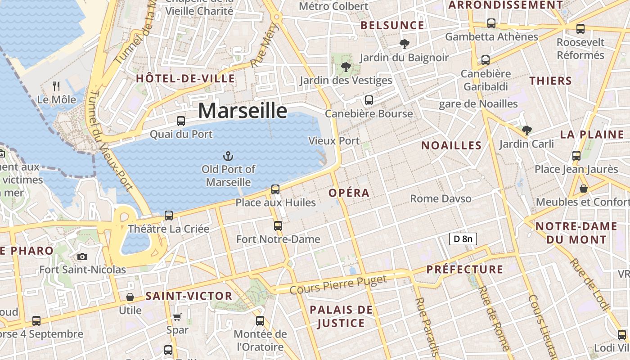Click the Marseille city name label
click(243, 111)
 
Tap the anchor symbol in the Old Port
click(228, 156)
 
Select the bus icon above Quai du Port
click(181, 121)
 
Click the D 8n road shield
click(463, 239)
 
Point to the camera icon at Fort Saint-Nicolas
click(82, 256)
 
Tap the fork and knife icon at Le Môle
click(56, 86)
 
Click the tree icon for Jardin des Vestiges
click(346, 67)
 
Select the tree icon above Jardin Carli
click(526, 130)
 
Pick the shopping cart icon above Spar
click(177, 317)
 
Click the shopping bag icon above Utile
click(130, 297)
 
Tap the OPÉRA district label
click(349, 193)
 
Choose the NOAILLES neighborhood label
click(451, 145)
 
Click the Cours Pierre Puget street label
click(338, 285)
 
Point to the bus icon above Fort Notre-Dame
click(278, 226)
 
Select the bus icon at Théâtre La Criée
click(169, 216)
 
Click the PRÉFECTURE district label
click(465, 270)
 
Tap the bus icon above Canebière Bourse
click(369, 100)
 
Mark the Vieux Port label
click(334, 141)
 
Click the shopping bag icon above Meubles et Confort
click(584, 189)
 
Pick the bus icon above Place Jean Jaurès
click(576, 156)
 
